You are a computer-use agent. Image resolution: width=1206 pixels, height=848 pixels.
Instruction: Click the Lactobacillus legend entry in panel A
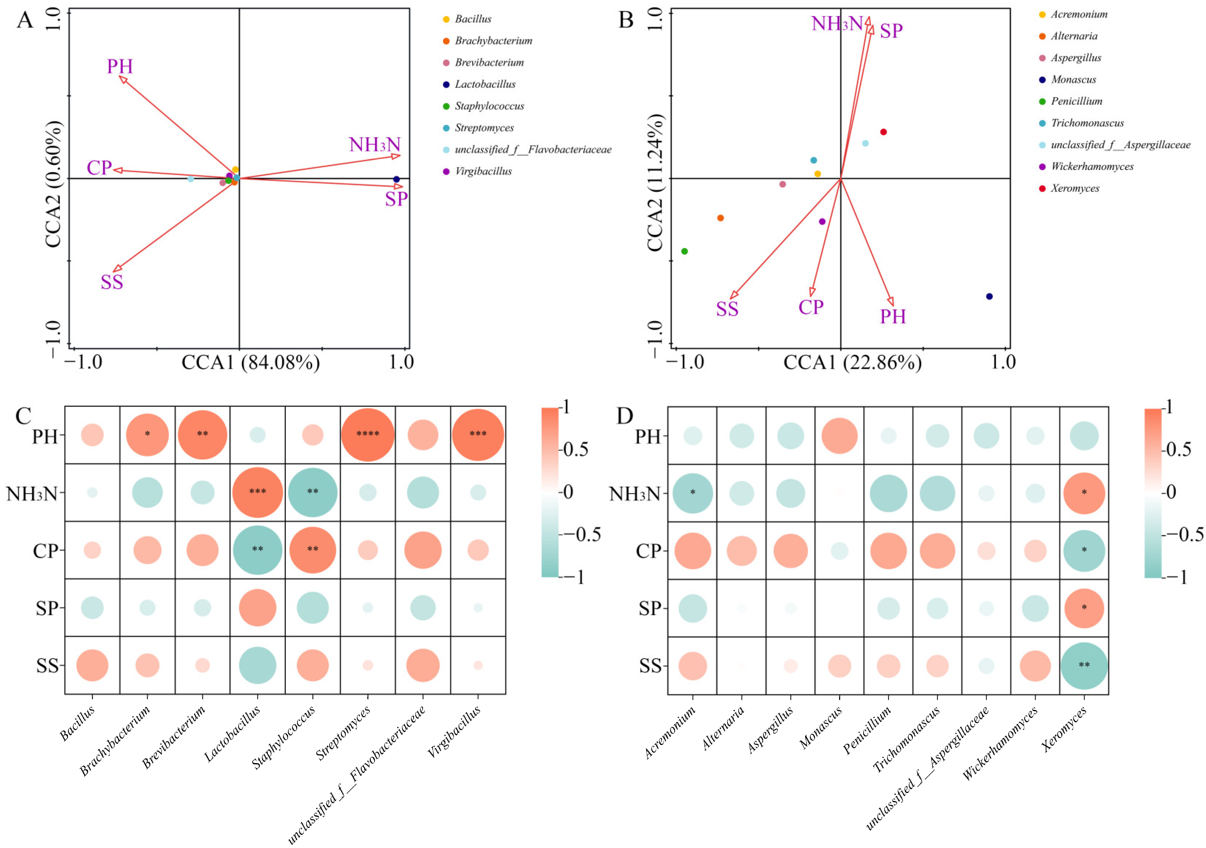pos(479,84)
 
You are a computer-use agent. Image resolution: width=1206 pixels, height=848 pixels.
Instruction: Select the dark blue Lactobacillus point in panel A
pos(397,179)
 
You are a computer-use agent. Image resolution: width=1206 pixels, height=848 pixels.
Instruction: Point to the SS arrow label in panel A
pos(112,282)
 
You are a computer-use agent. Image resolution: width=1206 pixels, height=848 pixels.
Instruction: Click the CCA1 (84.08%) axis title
pos(251,363)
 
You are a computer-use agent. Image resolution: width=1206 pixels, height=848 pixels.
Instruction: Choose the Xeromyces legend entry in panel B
pos(1069,188)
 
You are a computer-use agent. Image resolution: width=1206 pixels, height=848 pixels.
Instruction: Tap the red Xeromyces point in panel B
pos(884,132)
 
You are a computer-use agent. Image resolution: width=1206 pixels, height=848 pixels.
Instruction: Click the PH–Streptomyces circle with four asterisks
pos(368,435)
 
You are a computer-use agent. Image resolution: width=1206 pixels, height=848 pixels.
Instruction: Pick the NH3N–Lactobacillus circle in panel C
pos(257,492)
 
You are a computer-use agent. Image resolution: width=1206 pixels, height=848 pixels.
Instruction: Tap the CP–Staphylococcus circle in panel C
pos(312,550)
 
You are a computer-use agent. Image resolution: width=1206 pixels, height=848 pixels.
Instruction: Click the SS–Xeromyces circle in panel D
pos(1084,666)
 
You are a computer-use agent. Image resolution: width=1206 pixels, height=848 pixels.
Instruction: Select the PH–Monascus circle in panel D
pos(839,436)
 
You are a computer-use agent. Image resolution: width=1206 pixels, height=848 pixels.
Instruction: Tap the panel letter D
pos(625,416)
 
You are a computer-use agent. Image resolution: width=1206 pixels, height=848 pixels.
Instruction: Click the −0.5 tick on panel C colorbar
pos(581,534)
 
